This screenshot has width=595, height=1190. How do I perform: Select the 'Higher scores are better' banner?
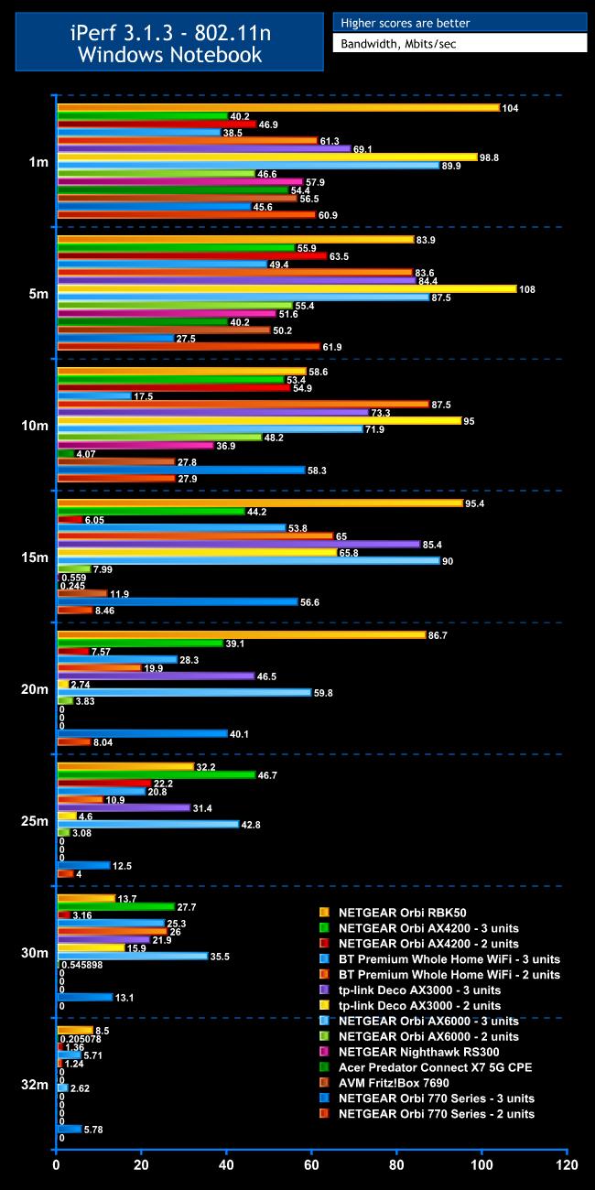click(x=459, y=22)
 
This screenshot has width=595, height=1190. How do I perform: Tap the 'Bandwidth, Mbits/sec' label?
click(x=459, y=44)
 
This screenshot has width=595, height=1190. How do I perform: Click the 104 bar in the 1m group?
click(x=278, y=108)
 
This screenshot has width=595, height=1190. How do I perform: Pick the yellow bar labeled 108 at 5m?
click(x=287, y=289)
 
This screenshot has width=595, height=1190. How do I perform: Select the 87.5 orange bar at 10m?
click(x=243, y=404)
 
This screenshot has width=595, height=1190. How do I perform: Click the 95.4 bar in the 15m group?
click(x=259, y=503)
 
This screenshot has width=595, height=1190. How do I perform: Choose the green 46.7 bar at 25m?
click(x=156, y=774)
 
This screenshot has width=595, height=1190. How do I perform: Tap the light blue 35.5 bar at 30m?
click(x=132, y=956)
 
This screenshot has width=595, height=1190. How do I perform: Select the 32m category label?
click(x=38, y=1085)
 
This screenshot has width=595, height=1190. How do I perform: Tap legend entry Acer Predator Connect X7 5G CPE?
click(x=435, y=1067)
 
